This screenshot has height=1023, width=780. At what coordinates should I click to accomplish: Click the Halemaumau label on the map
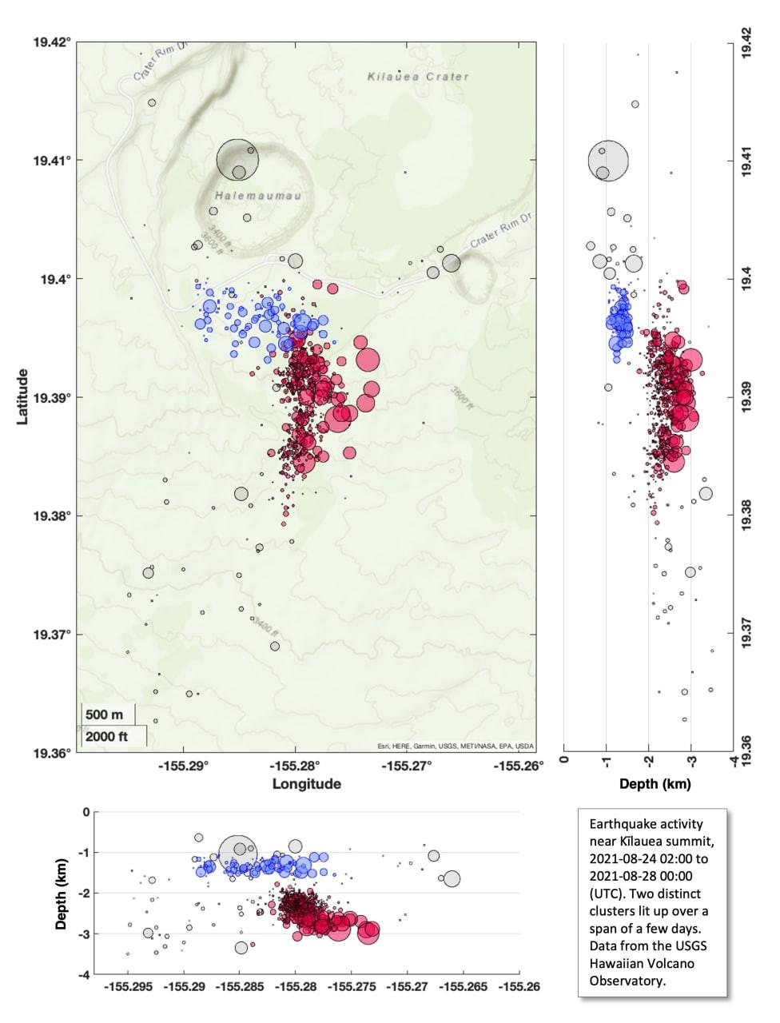pyautogui.click(x=245, y=196)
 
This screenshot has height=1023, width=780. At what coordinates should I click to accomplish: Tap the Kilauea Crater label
pyautogui.click(x=418, y=77)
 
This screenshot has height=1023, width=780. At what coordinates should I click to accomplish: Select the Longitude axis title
pyautogui.click(x=307, y=783)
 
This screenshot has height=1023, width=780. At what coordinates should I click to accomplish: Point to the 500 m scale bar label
pyautogui.click(x=105, y=714)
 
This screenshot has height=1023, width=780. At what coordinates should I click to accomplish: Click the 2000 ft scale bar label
pyautogui.click(x=107, y=736)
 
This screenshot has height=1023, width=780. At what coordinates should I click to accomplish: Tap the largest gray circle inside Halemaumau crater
pyautogui.click(x=238, y=160)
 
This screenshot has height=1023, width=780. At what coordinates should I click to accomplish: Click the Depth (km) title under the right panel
pyautogui.click(x=655, y=784)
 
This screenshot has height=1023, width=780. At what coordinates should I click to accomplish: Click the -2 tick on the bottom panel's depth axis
pyautogui.click(x=84, y=893)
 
